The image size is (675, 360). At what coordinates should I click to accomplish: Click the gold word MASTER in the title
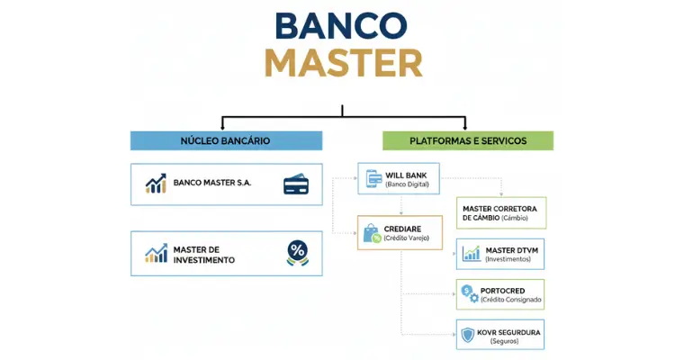[342, 64]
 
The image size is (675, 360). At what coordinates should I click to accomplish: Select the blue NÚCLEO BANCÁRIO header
[225, 140]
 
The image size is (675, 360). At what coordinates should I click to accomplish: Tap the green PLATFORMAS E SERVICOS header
[467, 140]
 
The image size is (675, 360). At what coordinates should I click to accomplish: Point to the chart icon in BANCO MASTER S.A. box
[156, 184]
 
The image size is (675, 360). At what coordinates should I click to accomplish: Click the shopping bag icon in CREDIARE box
[372, 233]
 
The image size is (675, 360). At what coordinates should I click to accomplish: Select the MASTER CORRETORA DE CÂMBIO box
[501, 212]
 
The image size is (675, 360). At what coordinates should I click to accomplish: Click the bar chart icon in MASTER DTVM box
[471, 254]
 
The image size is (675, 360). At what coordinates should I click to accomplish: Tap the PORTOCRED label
[512, 290]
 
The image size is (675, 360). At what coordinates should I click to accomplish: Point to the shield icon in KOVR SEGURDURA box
[468, 335]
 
